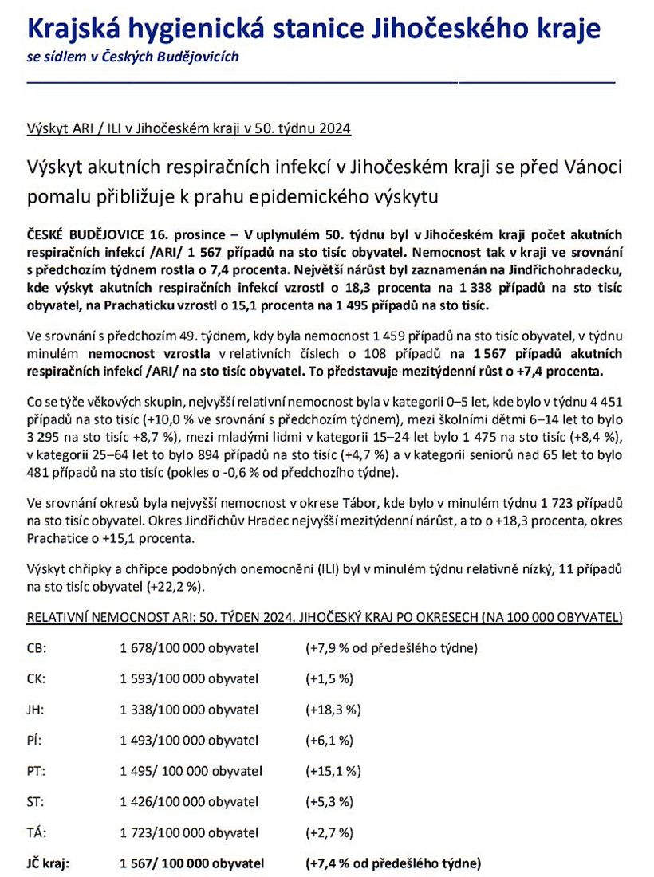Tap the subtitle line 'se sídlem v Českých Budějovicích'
click(132, 57)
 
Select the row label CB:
click(36, 647)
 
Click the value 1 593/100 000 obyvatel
click(189, 678)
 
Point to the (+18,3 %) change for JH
click(333, 710)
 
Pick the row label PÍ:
click(34, 741)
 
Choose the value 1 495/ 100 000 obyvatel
click(191, 771)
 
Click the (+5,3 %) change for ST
click(329, 802)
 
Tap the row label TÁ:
click(35, 833)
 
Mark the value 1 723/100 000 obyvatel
click(189, 833)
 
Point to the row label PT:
click(35, 771)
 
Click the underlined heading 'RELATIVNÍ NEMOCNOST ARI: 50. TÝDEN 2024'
click(188, 617)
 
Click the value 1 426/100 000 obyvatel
click(189, 802)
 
